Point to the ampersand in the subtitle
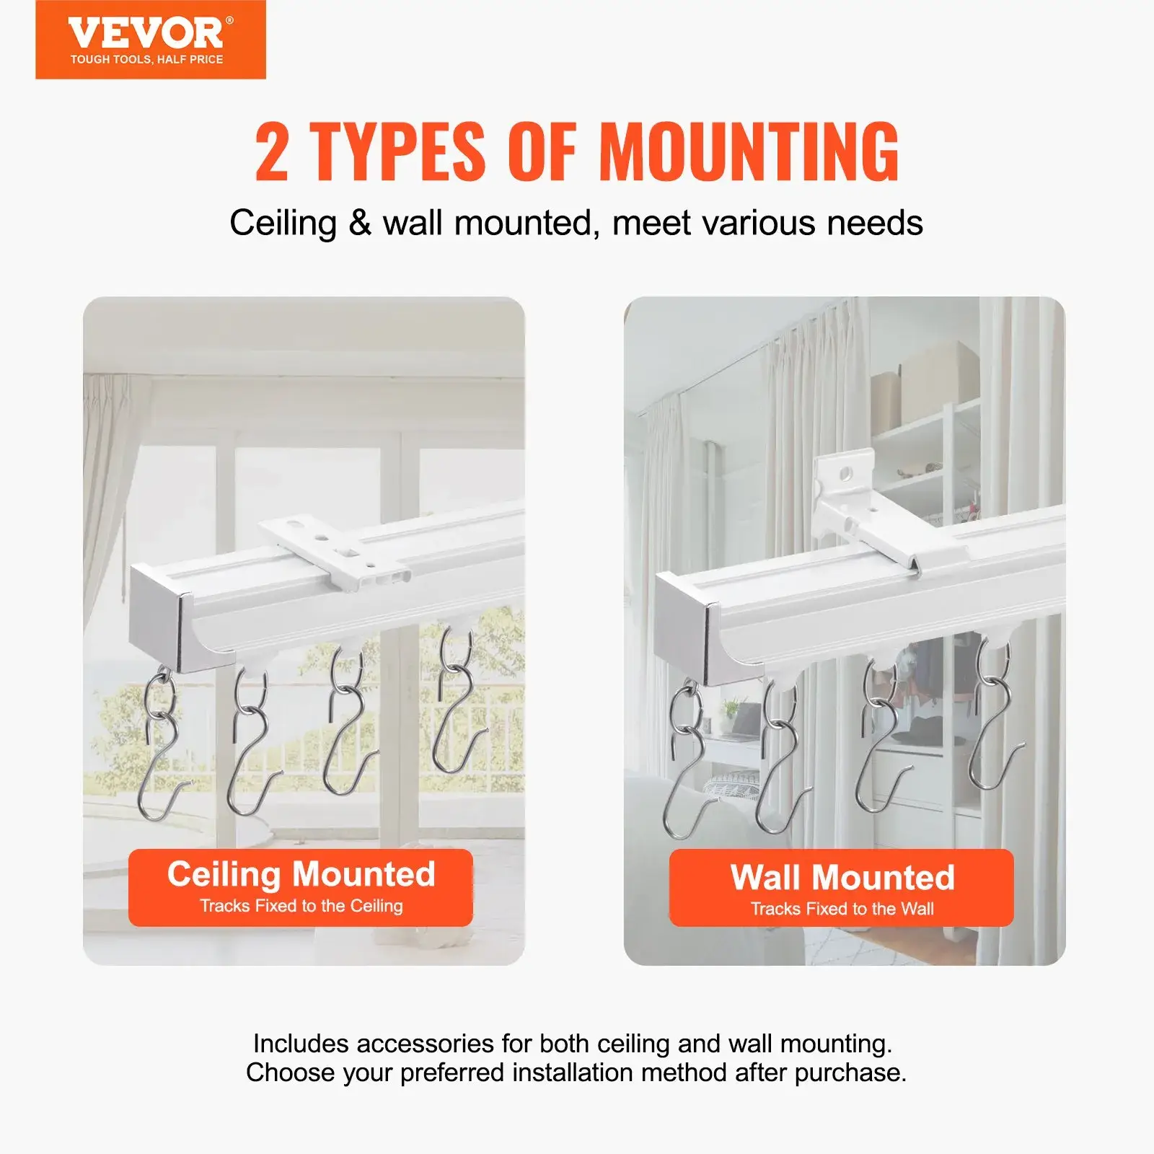point(359,224)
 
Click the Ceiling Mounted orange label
point(301,887)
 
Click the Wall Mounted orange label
point(841,887)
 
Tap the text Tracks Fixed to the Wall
point(842,909)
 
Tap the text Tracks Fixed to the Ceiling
point(301,906)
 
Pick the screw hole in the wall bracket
point(846,474)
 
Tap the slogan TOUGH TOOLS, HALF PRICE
point(146,59)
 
